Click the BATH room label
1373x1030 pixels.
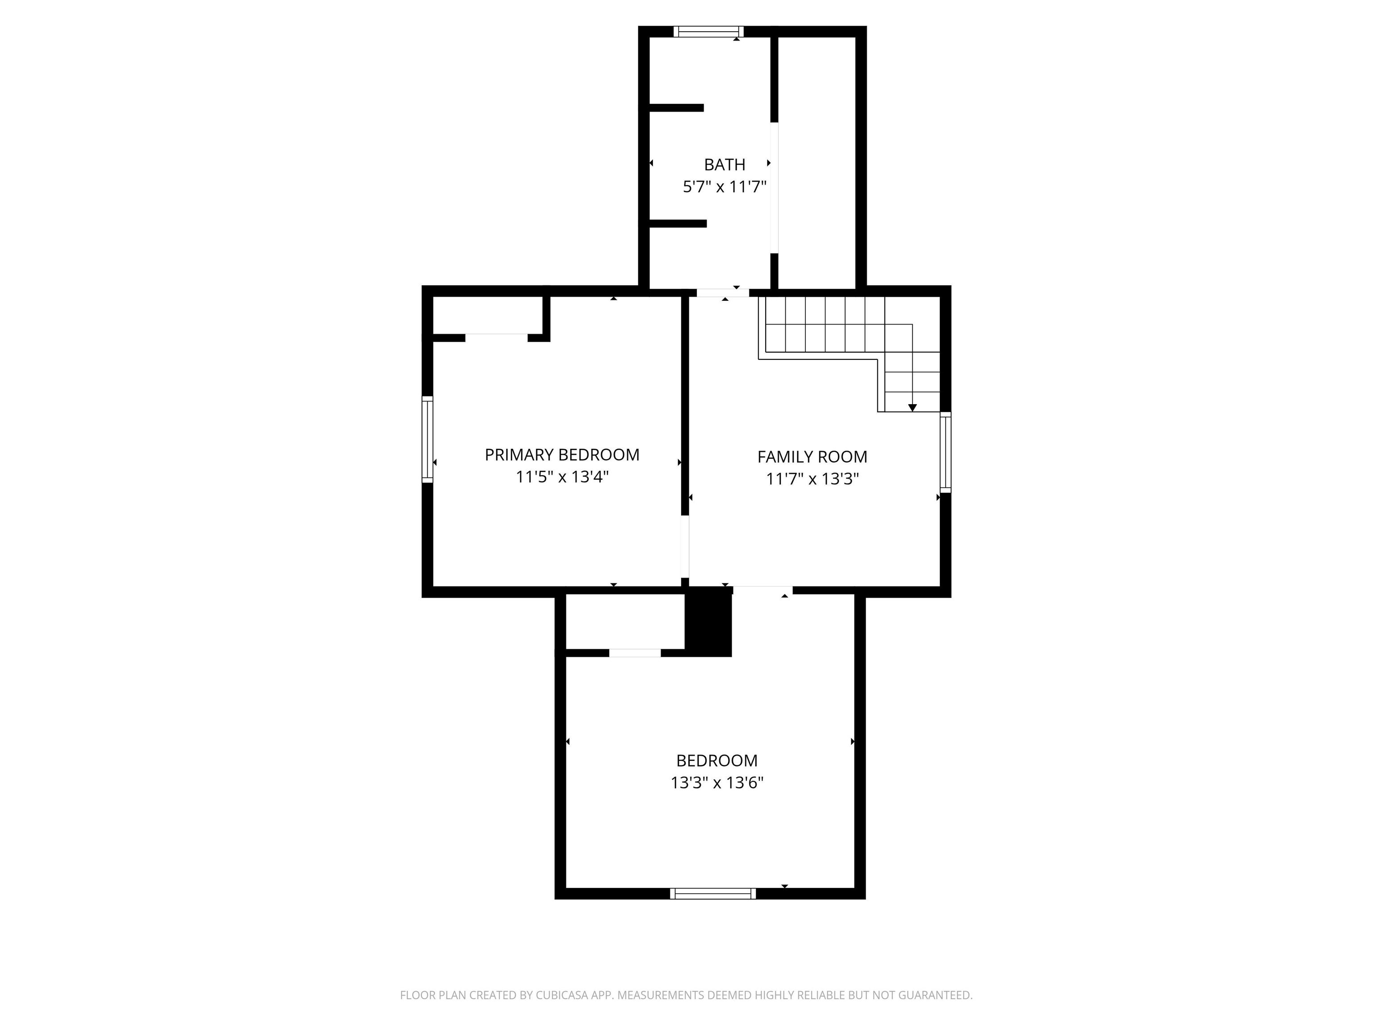[x=724, y=165]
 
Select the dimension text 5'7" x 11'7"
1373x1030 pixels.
[x=725, y=187]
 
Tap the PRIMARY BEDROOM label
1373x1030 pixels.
[x=562, y=455]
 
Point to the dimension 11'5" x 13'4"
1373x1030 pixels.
[x=562, y=477]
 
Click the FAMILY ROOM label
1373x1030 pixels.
[x=812, y=457]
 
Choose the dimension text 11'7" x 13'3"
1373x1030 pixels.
[x=812, y=479]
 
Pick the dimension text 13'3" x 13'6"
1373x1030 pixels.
[x=717, y=783]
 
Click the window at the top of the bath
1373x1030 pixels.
[x=708, y=32]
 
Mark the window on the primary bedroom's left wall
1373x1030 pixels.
[x=427, y=439]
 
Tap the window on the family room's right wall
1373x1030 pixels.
[x=945, y=452]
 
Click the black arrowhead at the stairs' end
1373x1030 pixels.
[x=913, y=408]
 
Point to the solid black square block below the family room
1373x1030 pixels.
[x=708, y=621]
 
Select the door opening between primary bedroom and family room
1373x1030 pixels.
[x=685, y=546]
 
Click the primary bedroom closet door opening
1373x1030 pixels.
[x=497, y=338]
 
